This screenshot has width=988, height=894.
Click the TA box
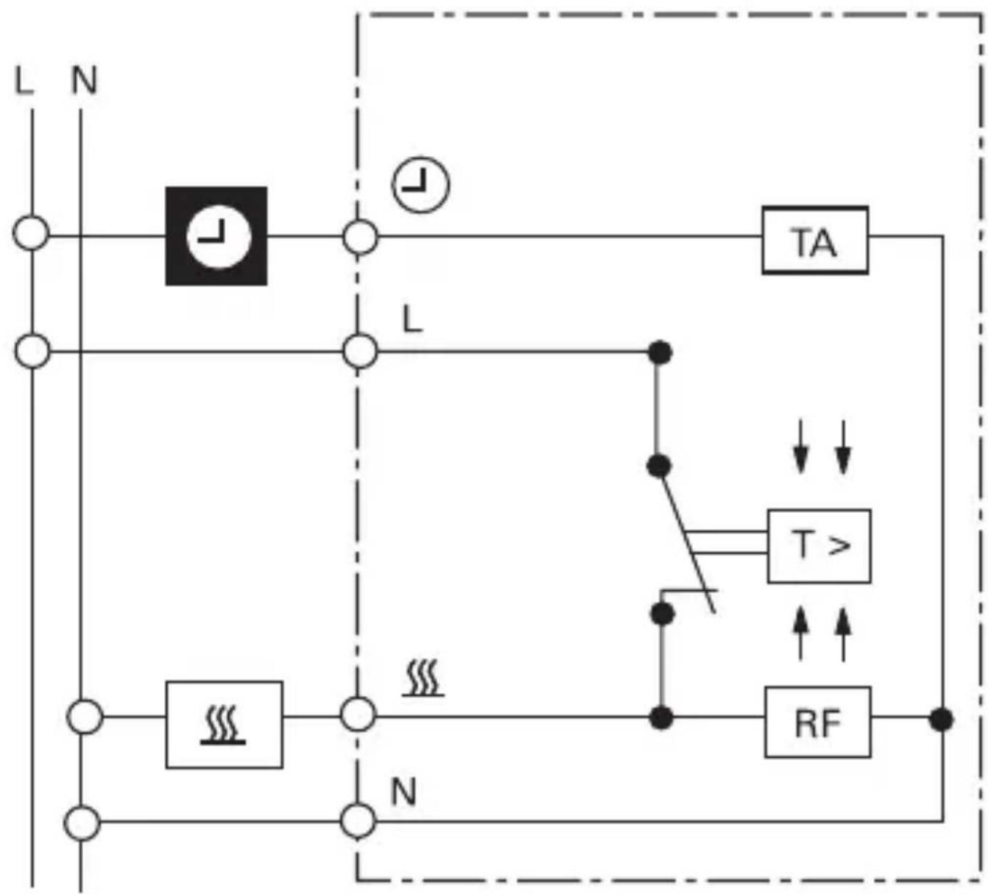(814, 241)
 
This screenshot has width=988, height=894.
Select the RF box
(817, 722)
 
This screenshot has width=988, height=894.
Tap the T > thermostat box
(819, 546)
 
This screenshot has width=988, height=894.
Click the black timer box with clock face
(216, 236)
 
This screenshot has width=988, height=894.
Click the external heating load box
(224, 724)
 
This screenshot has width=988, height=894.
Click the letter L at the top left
(24, 80)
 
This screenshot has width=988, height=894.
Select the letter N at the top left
(84, 80)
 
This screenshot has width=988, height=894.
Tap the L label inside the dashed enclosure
(412, 320)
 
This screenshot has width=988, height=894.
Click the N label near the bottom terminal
(403, 792)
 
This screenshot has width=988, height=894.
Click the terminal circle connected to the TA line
(360, 237)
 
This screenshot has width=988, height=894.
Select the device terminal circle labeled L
(360, 351)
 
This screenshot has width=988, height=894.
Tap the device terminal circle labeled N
(359, 821)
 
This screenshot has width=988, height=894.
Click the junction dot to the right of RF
(941, 719)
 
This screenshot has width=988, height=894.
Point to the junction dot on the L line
(660, 352)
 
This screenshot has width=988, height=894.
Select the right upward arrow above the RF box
(844, 633)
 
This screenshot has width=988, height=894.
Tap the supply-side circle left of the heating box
(85, 717)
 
